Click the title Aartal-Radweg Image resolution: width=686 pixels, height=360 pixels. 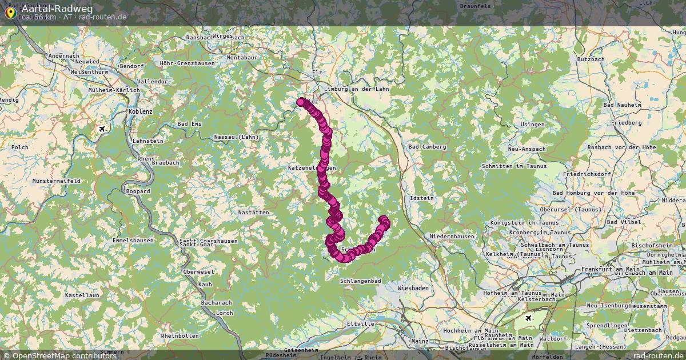[57, 9]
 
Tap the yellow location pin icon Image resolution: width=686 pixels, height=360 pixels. [10, 12]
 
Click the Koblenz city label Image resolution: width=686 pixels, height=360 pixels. [141, 111]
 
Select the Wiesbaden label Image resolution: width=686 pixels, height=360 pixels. [413, 288]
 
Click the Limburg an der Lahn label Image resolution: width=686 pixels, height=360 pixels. [356, 89]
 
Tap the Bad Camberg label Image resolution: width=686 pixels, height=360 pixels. [427, 147]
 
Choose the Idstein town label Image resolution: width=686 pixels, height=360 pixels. [422, 198]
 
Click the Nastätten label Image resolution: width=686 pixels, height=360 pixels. [253, 212]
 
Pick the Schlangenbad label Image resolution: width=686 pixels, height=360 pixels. [360, 281]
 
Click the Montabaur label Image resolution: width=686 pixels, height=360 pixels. [242, 58]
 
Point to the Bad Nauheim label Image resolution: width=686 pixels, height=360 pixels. [622, 105]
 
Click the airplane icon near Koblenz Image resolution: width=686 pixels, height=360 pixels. [102, 129]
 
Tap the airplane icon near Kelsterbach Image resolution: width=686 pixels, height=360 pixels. [528, 317]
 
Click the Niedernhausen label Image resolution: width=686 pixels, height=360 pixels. [452, 236]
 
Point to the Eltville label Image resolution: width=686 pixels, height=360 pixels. [361, 323]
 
